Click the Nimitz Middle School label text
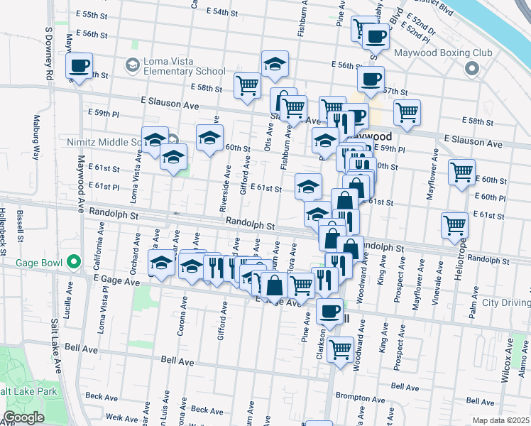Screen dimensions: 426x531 point(106,142)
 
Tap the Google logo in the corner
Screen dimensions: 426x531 point(23,417)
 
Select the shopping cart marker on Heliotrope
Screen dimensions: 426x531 point(454,225)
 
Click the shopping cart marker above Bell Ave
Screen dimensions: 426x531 point(341,349)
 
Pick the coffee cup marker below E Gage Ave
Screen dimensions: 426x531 point(329,310)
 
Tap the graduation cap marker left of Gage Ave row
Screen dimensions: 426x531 point(162,263)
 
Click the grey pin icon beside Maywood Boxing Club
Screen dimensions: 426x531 point(471,69)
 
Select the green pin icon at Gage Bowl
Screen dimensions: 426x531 point(73,262)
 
